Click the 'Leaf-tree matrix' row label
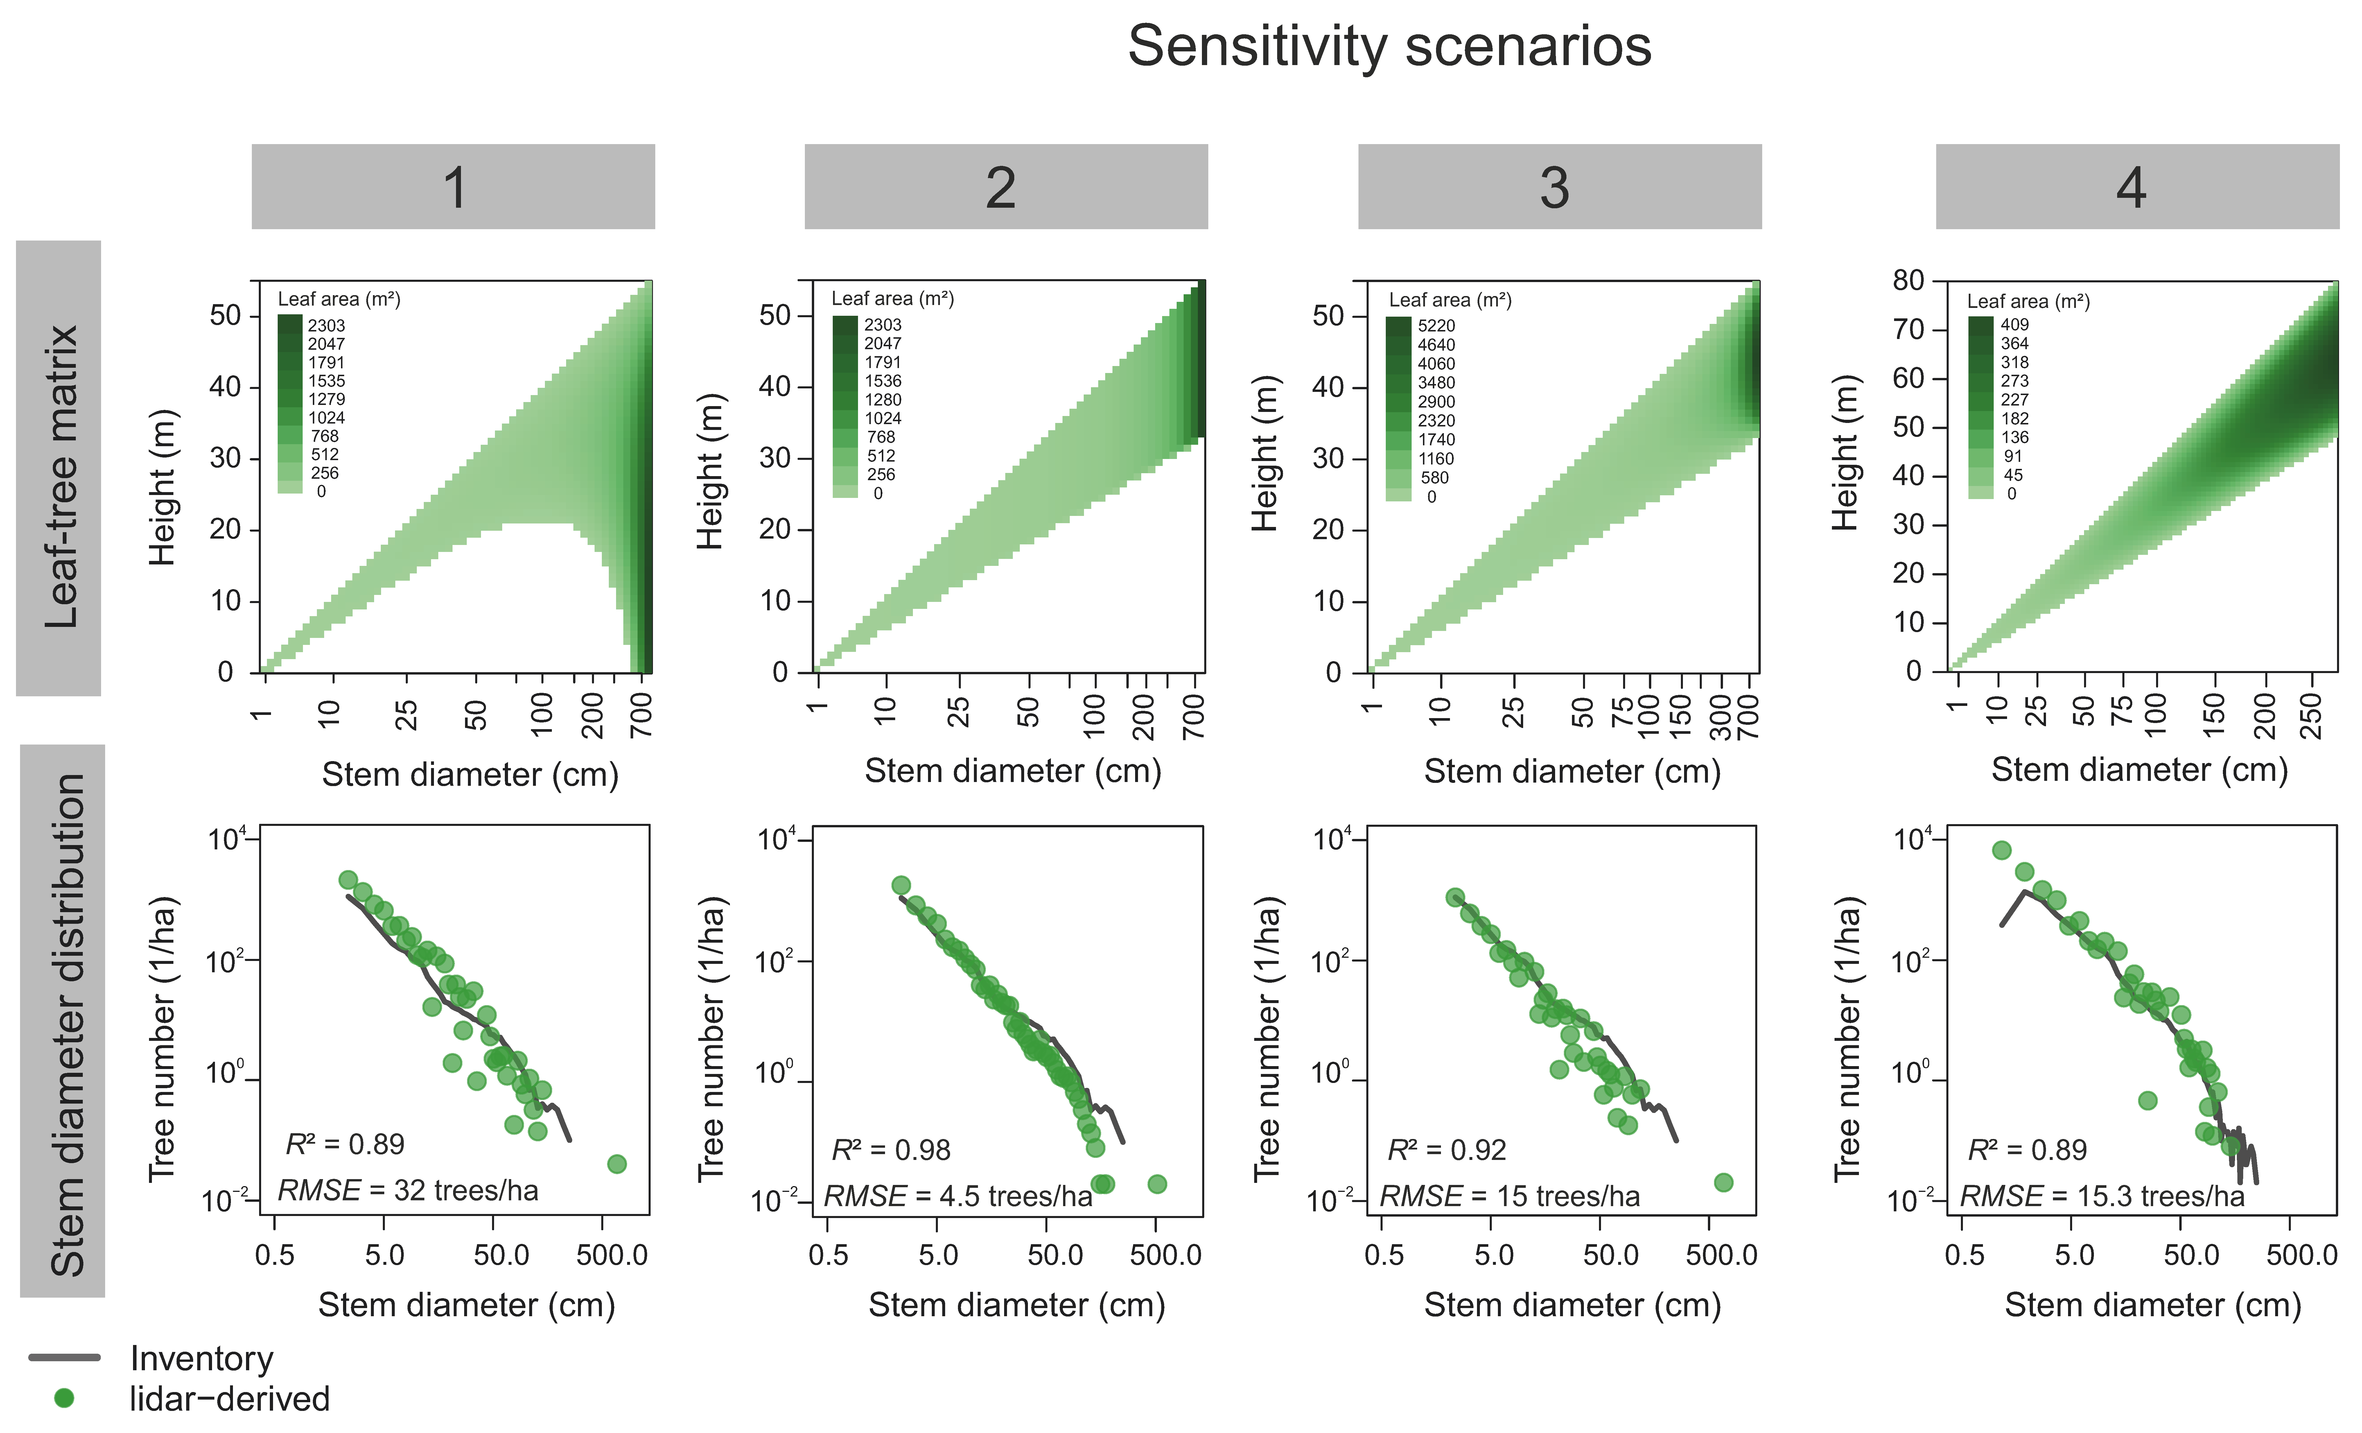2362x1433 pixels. (60, 476)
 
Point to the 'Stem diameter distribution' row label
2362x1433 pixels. (65, 1024)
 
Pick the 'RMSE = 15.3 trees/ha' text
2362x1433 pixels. (2101, 1196)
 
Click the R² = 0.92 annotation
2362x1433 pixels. (1446, 1150)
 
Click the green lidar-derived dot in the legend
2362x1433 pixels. (64, 1398)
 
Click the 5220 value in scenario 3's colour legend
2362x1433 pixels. (1436, 326)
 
